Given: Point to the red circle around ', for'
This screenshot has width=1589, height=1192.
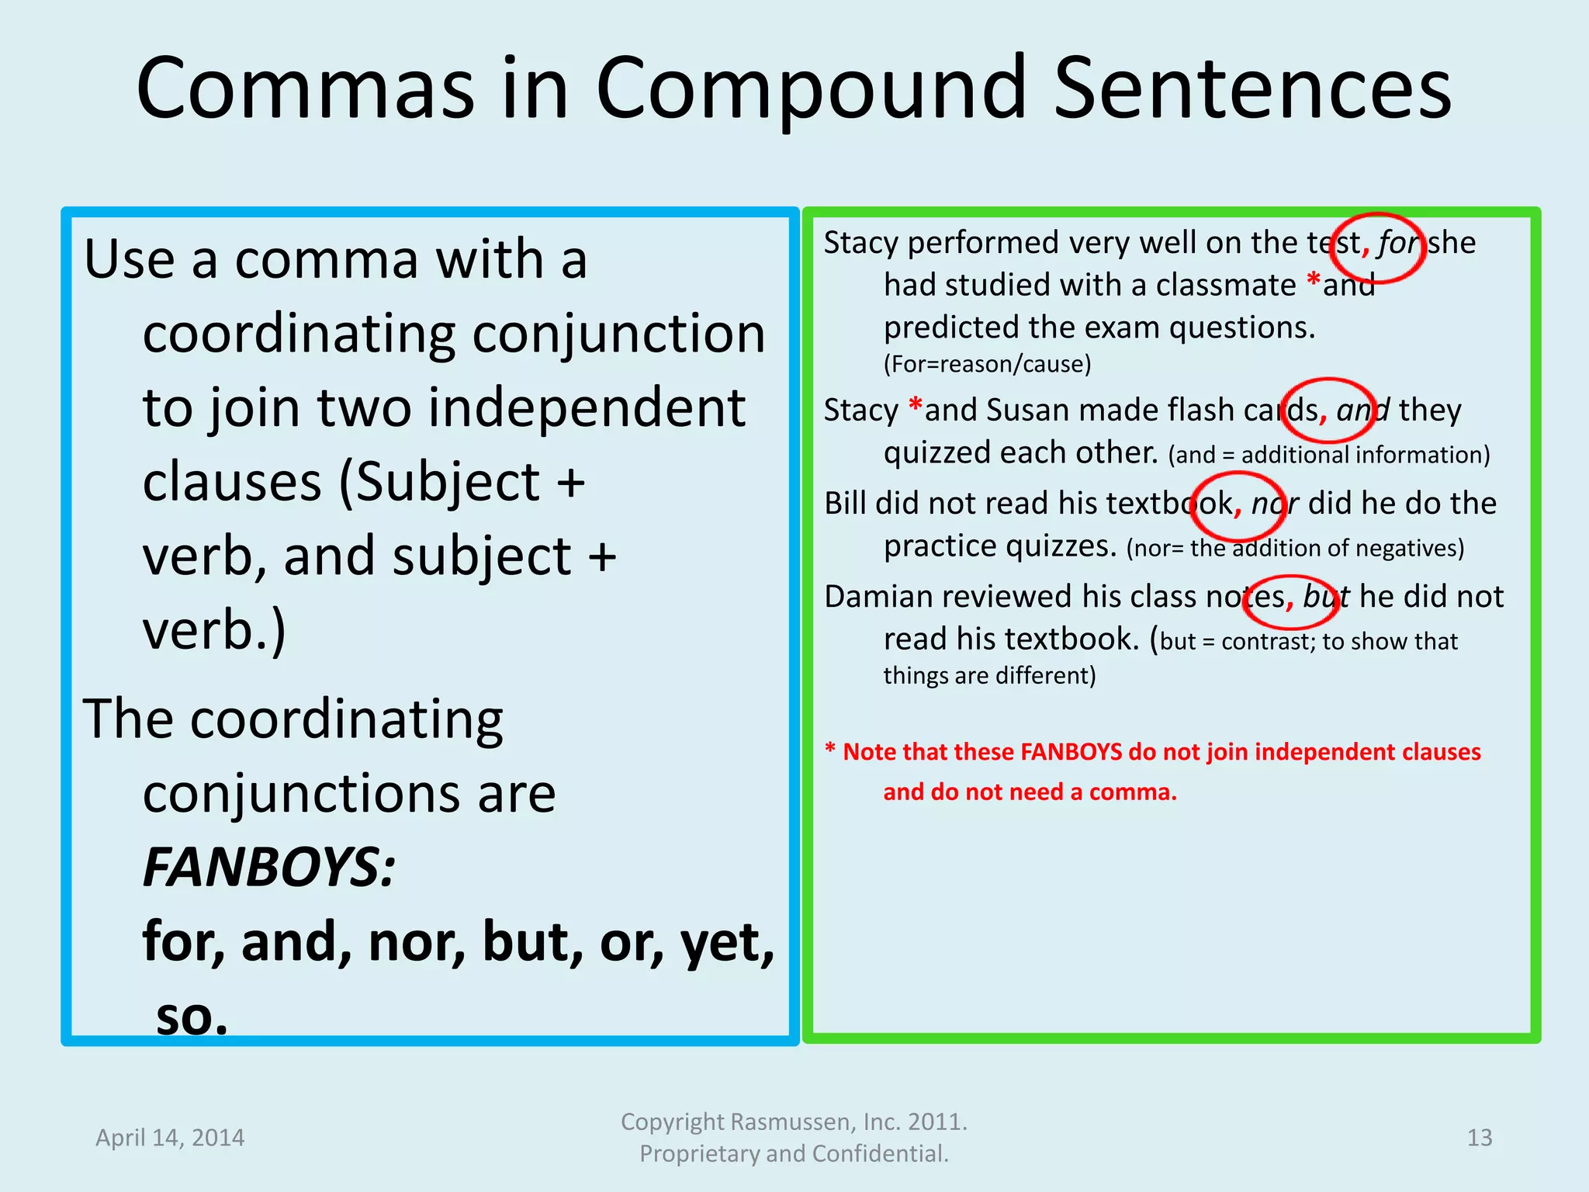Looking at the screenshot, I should pos(1380,248).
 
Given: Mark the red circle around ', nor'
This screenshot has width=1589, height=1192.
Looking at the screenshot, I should pos(1239,506).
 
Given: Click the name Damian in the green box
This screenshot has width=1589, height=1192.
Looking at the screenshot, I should pos(878,597).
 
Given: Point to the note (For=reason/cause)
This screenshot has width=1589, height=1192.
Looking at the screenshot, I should pos(987,364).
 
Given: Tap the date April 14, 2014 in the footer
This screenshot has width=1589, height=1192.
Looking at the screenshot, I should pos(170,1138).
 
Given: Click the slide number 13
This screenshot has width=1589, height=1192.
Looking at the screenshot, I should pos(1479,1138).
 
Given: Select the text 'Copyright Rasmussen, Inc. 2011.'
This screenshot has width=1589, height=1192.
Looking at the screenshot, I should pos(794,1122).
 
